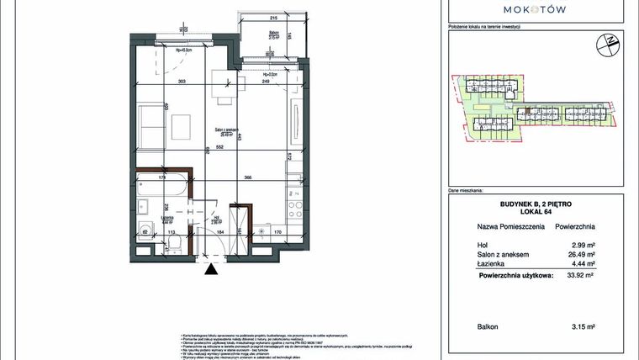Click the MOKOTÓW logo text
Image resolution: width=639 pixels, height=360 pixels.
(x=534, y=9)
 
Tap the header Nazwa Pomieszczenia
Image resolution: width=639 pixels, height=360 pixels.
(x=511, y=227)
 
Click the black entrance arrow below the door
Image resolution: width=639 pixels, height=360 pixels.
(x=209, y=270)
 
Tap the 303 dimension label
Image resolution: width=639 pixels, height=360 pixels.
(x=182, y=82)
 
